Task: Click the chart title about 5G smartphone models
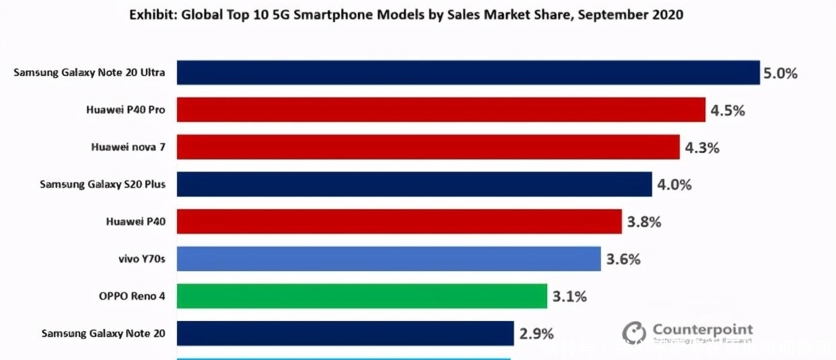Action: tap(406, 15)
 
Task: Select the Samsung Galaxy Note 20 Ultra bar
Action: tap(468, 73)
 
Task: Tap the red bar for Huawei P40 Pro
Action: tap(441, 110)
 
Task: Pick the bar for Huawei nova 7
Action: tap(428, 147)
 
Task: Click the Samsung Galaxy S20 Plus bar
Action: tap(414, 184)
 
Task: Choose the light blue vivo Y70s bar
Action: tap(388, 258)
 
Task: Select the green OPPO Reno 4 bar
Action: tap(361, 295)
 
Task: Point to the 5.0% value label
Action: tap(780, 73)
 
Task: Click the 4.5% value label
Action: tap(728, 110)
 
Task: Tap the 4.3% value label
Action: tap(702, 147)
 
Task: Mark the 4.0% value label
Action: tap(674, 184)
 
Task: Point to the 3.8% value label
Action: tap(644, 221)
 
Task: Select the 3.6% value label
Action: tap(623, 259)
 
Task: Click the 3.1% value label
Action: tap(569, 296)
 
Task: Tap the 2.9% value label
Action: tap(536, 333)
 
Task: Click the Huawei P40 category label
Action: tap(135, 221)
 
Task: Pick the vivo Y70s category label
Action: tap(141, 258)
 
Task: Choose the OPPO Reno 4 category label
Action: tap(132, 295)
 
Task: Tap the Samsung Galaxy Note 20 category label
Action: tap(103, 333)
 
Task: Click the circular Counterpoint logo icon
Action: tap(633, 332)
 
